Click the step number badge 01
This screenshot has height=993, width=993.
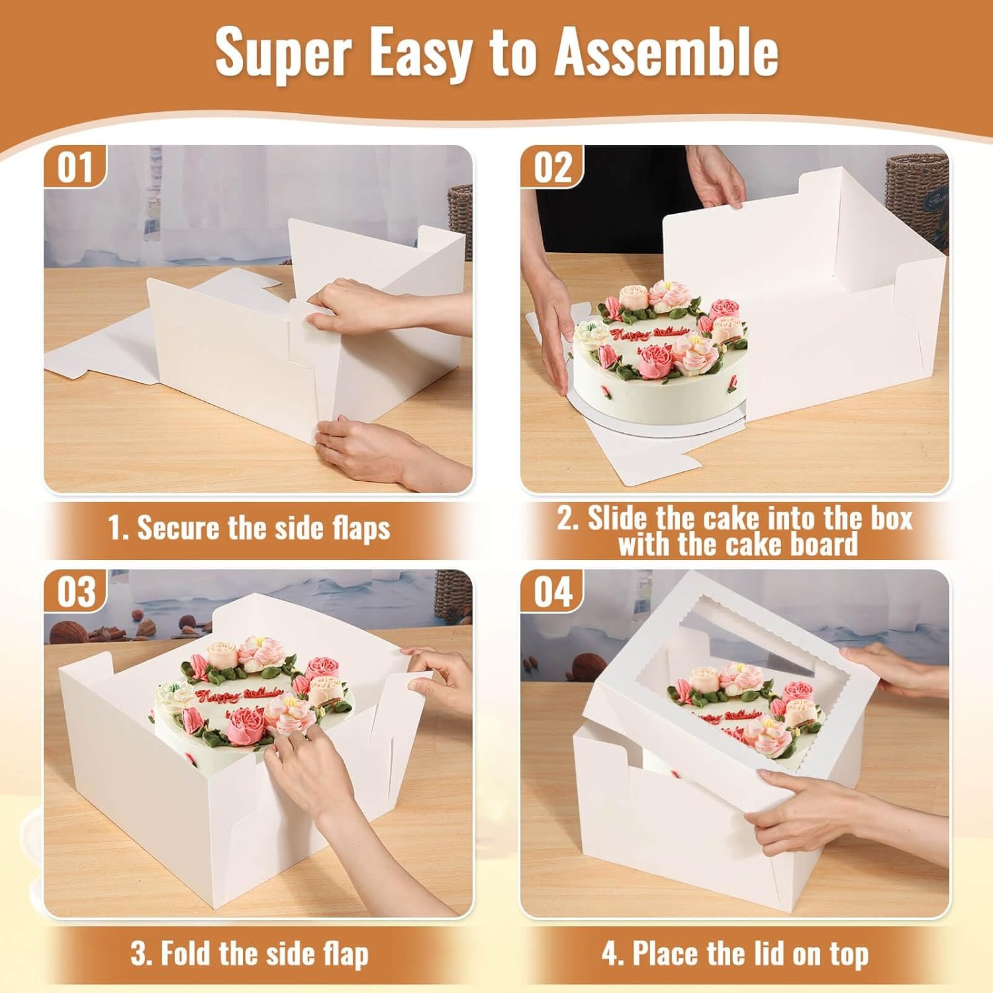tap(75, 167)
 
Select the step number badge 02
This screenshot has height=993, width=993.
tap(552, 167)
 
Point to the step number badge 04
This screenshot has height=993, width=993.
tap(552, 591)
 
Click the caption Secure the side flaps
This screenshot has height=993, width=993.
tap(249, 528)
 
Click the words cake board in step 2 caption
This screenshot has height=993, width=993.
tap(781, 545)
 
